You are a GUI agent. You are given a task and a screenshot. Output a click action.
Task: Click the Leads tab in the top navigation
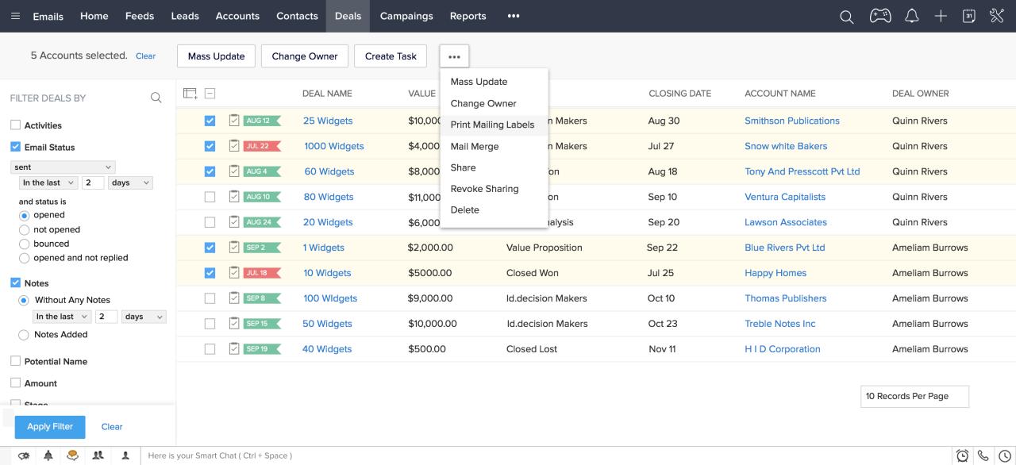(185, 16)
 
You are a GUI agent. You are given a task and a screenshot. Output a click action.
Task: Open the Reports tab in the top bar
(468, 16)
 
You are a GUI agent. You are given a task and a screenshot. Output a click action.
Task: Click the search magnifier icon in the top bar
(847, 17)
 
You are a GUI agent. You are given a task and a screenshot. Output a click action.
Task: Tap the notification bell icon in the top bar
(912, 16)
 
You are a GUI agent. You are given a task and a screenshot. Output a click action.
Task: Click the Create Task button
(391, 56)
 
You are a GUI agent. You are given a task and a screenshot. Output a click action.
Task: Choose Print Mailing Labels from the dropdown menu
(492, 125)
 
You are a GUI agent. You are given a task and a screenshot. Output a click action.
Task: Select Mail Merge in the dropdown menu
(474, 146)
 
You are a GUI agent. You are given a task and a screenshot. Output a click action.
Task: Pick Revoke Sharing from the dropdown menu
(484, 189)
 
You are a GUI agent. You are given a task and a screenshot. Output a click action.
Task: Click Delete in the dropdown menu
(464, 209)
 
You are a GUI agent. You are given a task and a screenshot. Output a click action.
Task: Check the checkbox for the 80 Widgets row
(210, 197)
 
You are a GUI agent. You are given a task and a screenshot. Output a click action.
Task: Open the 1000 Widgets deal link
(333, 146)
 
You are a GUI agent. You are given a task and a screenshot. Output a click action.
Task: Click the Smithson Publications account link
(791, 121)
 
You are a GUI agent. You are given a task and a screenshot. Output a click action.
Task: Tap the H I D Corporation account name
(782, 349)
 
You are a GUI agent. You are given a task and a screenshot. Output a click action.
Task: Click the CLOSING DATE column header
(679, 94)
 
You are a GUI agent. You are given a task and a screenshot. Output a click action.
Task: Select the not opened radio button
(25, 229)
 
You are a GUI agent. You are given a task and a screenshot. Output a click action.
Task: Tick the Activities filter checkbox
(15, 125)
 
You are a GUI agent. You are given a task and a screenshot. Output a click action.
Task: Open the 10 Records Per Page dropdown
(914, 396)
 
